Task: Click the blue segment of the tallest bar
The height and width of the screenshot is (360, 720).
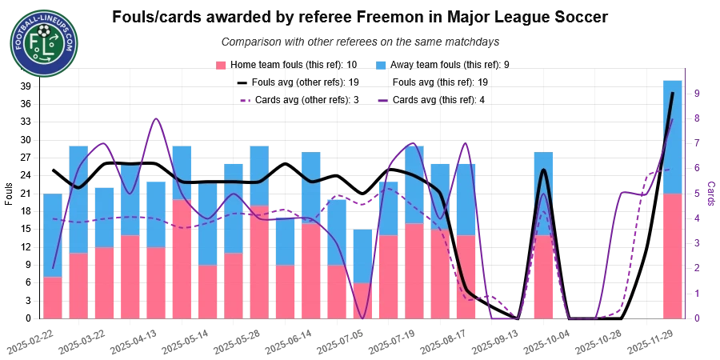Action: (672, 136)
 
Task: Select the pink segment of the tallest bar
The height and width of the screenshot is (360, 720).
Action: (672, 256)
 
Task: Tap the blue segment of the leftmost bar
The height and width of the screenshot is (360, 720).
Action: (52, 234)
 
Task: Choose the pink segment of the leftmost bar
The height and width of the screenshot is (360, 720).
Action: (52, 298)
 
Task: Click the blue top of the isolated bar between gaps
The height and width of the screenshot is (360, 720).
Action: (543, 192)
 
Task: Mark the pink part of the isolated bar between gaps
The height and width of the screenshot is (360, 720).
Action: (543, 276)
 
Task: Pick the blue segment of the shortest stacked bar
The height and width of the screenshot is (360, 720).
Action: (362, 256)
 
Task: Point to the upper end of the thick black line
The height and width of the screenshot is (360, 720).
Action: (672, 94)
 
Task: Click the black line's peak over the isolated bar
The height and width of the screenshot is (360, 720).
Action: (543, 170)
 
